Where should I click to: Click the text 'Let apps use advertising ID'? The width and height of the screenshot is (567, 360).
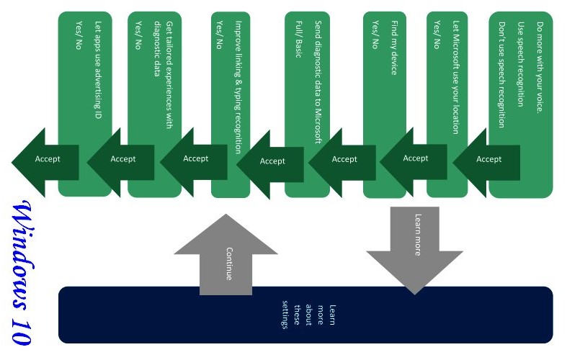(98, 69)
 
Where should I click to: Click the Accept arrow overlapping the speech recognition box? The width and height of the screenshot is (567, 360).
(488, 159)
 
